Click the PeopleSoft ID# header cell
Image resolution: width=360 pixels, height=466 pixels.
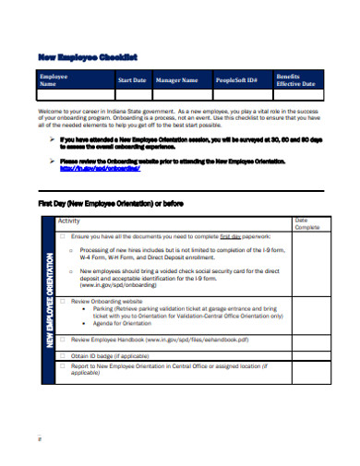pos(237,80)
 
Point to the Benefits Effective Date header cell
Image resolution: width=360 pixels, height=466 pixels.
pos(295,80)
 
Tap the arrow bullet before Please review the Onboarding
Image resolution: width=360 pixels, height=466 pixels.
pos(52,160)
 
